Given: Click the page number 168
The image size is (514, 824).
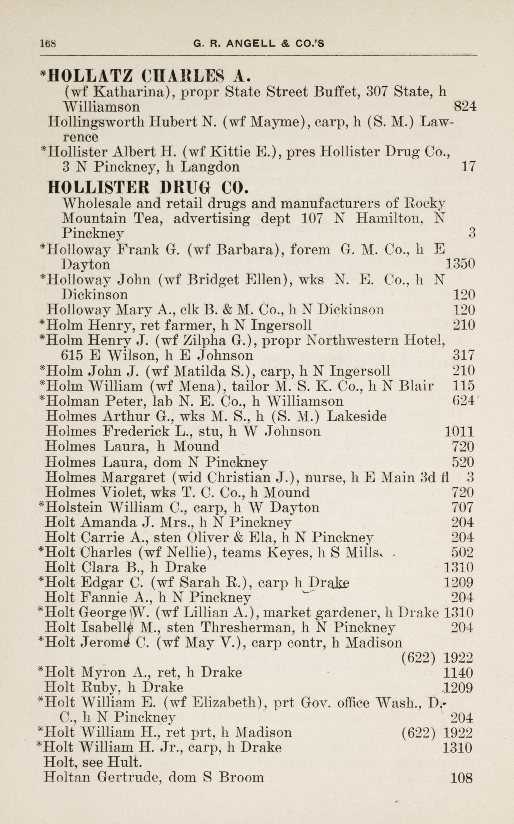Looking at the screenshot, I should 48,44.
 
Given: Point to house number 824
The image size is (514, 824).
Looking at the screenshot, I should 465,107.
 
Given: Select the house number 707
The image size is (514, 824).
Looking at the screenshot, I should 462,508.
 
